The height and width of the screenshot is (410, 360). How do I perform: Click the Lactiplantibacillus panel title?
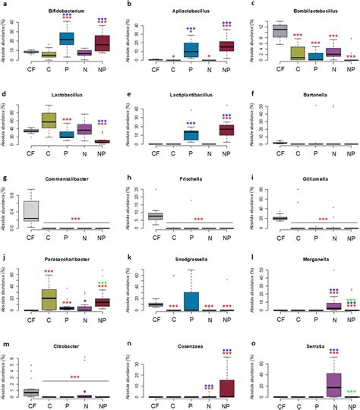click(180, 97)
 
